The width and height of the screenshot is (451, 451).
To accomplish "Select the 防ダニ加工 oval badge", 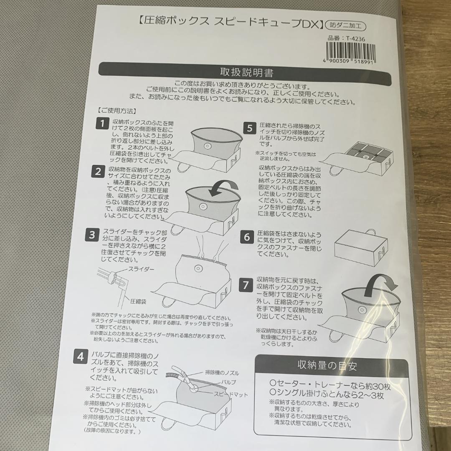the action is tap(345, 26).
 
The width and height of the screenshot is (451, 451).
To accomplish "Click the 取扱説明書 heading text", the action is tap(246, 72).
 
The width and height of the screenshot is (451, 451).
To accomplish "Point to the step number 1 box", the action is tap(102, 124).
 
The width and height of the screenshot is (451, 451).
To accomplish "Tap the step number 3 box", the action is tap(92, 235).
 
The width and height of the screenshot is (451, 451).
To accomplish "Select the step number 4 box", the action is tap(80, 357).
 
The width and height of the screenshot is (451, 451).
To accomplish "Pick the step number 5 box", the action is tap(250, 128).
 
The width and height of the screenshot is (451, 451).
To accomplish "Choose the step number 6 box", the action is tap(247, 237).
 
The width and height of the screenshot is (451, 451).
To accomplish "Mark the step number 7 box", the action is tap(246, 285).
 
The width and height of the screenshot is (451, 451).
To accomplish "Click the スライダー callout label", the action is tap(141, 269).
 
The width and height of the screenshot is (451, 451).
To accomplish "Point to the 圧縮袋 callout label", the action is tap(138, 302).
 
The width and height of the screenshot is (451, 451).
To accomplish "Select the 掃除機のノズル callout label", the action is tap(222, 373).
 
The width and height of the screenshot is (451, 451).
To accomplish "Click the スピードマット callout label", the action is tap(231, 394).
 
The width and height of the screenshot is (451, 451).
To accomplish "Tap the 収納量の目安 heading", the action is tap(327, 365).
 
